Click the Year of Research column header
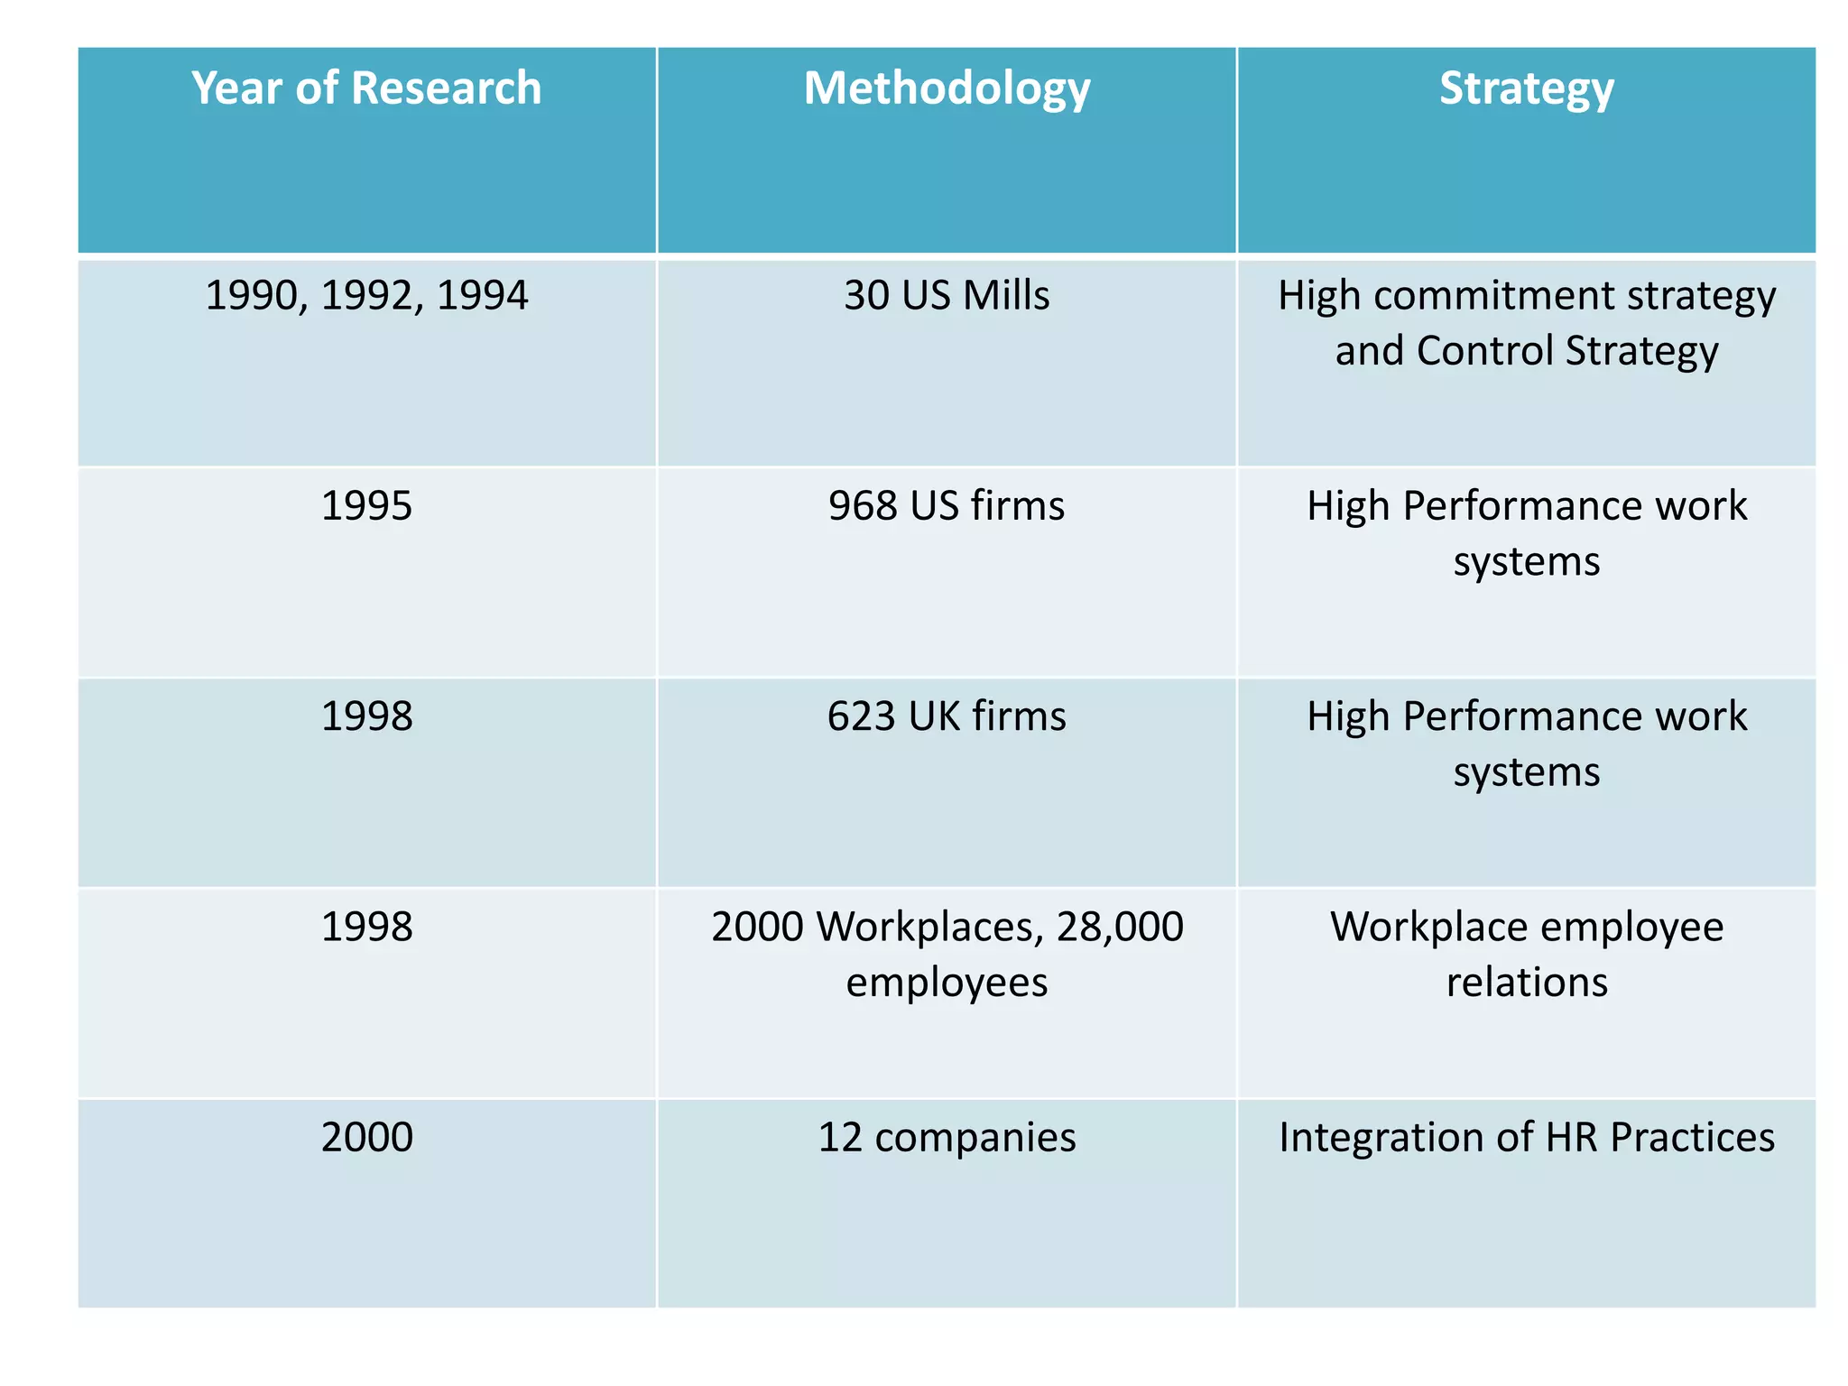(366, 88)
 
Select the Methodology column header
(947, 88)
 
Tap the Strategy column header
(1526, 88)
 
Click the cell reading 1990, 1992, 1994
(366, 296)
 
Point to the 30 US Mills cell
(947, 296)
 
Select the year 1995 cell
(366, 506)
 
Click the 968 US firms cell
(947, 506)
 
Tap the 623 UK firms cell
(947, 716)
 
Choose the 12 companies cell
(947, 1137)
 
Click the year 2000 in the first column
(366, 1137)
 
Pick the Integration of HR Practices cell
(1526, 1137)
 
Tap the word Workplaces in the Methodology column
(924, 928)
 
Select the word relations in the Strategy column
(1526, 982)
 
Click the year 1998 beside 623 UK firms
(366, 716)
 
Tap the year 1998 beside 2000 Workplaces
(366, 928)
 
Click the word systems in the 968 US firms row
(1526, 562)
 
